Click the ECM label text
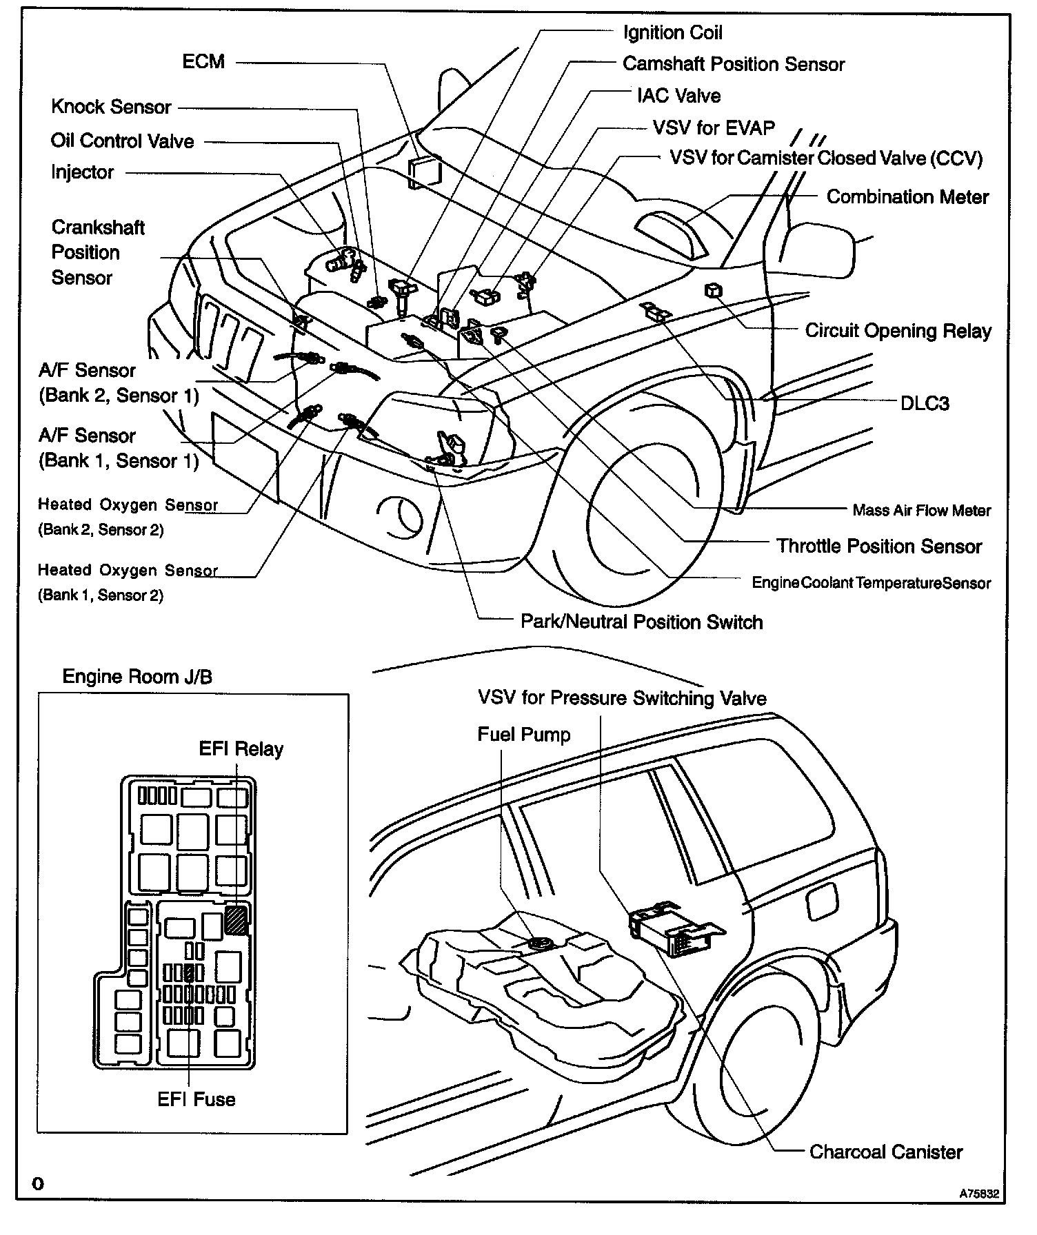point(203,62)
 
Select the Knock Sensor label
point(111,108)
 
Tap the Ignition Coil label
point(672,33)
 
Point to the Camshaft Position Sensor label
point(733,64)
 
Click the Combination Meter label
point(907,197)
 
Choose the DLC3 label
point(925,403)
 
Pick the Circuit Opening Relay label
point(898,331)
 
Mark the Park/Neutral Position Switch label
point(641,622)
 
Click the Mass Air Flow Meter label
point(921,511)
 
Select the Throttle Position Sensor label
point(878,547)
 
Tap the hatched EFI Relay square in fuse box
point(236,920)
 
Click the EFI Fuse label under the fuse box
point(197,1099)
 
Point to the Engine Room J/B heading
point(137,677)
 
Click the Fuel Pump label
point(523,735)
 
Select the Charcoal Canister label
point(885,1152)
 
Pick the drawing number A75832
point(977,1193)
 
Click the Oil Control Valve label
point(122,141)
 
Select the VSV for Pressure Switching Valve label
point(621,699)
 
